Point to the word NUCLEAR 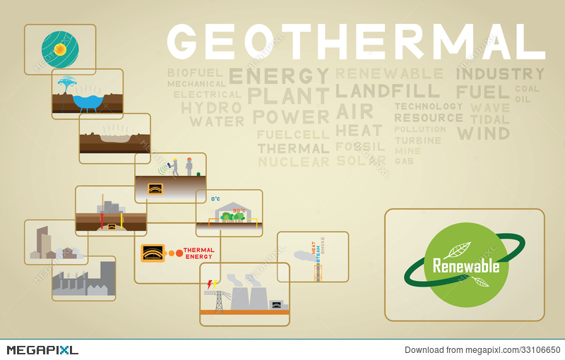pyautogui.click(x=293, y=162)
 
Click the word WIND pyautogui.click(x=483, y=133)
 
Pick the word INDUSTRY pyautogui.click(x=500, y=73)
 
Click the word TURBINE pyautogui.click(x=417, y=140)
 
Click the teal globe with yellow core pyautogui.click(x=59, y=48)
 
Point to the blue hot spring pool pyautogui.click(x=88, y=102)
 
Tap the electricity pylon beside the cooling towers pyautogui.click(x=218, y=299)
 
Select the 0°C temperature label pyautogui.click(x=215, y=200)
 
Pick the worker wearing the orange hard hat pyautogui.click(x=189, y=166)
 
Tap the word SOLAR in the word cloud pyautogui.click(x=361, y=162)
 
